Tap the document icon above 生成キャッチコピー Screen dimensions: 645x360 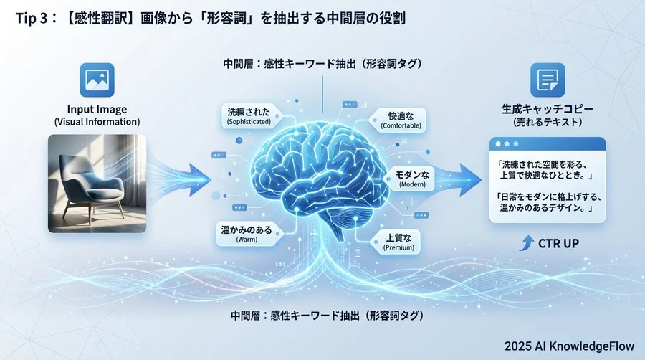point(547,80)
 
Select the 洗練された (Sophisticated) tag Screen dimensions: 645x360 point(249,116)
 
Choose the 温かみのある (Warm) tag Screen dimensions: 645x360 point(246,234)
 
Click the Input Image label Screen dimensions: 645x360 point(96,109)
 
